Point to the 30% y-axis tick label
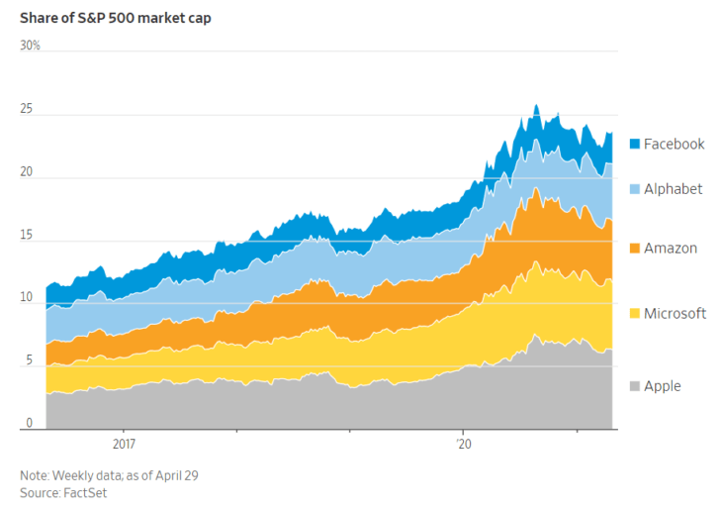[30, 46]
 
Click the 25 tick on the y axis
[26, 110]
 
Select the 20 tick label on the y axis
[26, 172]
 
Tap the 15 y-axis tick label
[26, 236]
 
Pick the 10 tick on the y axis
[26, 298]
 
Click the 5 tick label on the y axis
[23, 361]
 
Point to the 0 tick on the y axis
[23, 424]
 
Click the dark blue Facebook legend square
[634, 145]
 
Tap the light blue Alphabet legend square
[634, 189]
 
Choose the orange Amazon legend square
[634, 249]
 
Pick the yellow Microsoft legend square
[634, 314]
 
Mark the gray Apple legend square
[634, 386]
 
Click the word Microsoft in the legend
[675, 314]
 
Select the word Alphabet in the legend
[673, 189]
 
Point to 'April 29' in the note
[178, 475]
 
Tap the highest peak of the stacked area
[535, 105]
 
